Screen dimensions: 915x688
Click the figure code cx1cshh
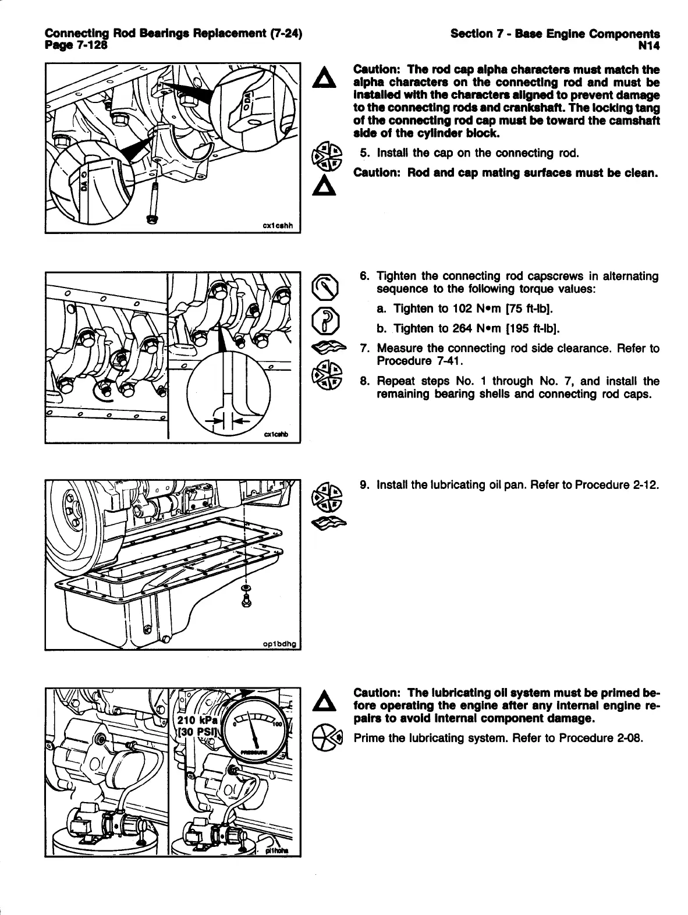point(278,225)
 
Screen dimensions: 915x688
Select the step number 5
point(364,154)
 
